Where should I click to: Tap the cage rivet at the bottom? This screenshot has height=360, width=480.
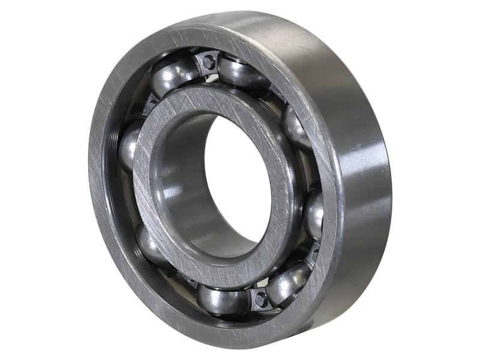[x=259, y=298]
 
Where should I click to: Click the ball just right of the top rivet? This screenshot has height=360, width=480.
[x=243, y=72]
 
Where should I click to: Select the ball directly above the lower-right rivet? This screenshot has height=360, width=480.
[x=313, y=213]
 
